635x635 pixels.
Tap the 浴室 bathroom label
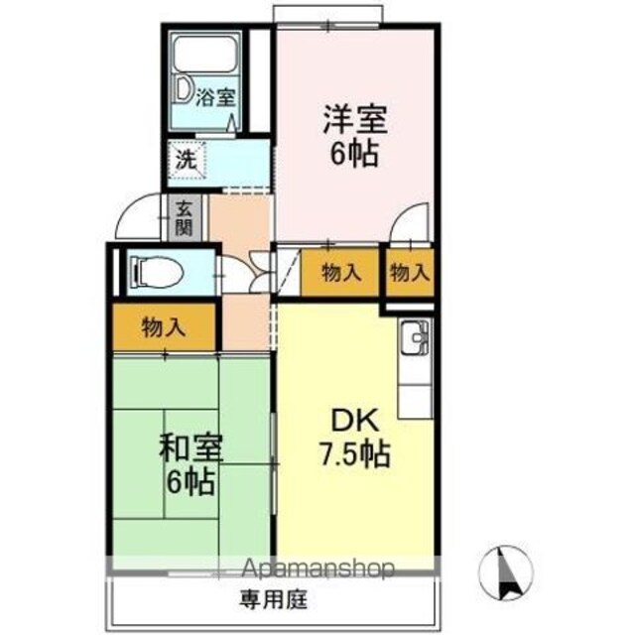coord(215,97)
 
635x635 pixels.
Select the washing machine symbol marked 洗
coord(187,160)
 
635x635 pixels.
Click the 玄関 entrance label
coord(184,218)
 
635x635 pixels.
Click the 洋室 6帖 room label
coord(355,136)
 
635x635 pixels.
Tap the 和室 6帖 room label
coord(190,464)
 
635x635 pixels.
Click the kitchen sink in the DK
coord(415,337)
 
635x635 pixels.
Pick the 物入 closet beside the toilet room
coord(164,326)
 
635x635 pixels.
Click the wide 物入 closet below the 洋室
coord(341,273)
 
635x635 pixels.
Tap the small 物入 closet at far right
coord(410,273)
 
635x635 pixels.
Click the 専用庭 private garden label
coord(274,599)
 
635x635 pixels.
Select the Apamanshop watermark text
coord(317,569)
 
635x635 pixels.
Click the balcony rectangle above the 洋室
coord(327,16)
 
